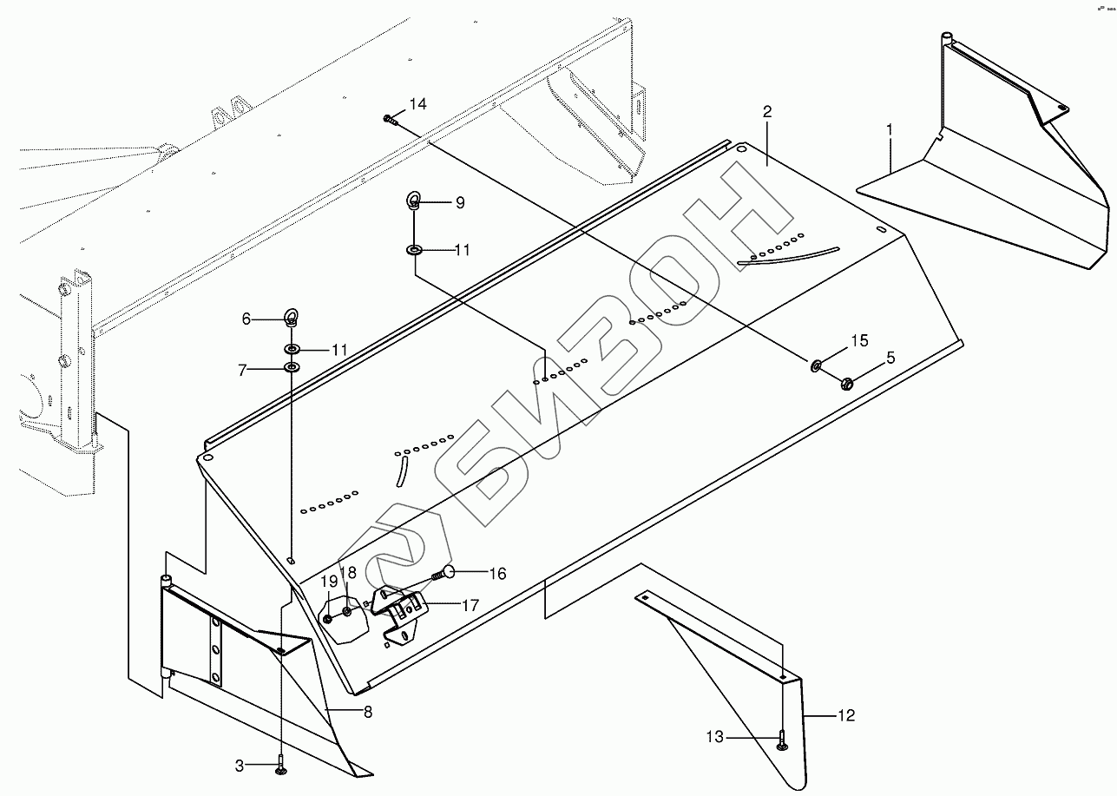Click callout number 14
pyautogui.click(x=417, y=104)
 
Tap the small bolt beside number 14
pyautogui.click(x=388, y=120)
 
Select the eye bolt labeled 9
pyautogui.click(x=414, y=203)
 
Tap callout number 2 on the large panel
pyautogui.click(x=767, y=111)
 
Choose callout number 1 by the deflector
pyautogui.click(x=890, y=129)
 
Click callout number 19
pyautogui.click(x=329, y=581)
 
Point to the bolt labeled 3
pyautogui.click(x=280, y=766)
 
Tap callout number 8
pyautogui.click(x=368, y=713)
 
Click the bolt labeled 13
pyautogui.click(x=782, y=739)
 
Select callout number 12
pyautogui.click(x=846, y=715)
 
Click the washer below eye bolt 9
pyautogui.click(x=414, y=251)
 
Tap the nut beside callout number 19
pyautogui.click(x=331, y=618)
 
